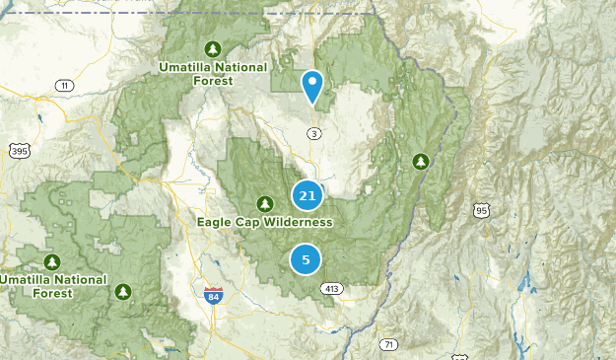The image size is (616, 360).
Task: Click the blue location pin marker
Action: [313, 86]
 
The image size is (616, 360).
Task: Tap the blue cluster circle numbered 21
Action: [308, 195]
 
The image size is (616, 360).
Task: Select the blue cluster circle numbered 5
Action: [306, 260]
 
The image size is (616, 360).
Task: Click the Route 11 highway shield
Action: [65, 86]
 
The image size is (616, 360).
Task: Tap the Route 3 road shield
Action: [313, 133]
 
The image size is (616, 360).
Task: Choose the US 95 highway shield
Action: [481, 210]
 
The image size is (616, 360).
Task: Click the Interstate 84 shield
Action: [213, 294]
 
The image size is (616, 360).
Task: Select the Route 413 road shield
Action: [331, 289]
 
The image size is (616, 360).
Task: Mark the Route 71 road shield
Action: [390, 344]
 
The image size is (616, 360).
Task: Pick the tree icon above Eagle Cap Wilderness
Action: [264, 203]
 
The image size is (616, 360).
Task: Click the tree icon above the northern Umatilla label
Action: [212, 48]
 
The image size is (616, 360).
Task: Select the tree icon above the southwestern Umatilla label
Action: [52, 261]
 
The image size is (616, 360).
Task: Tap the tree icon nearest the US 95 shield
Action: [422, 160]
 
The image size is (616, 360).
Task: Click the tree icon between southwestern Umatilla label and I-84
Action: [123, 291]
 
